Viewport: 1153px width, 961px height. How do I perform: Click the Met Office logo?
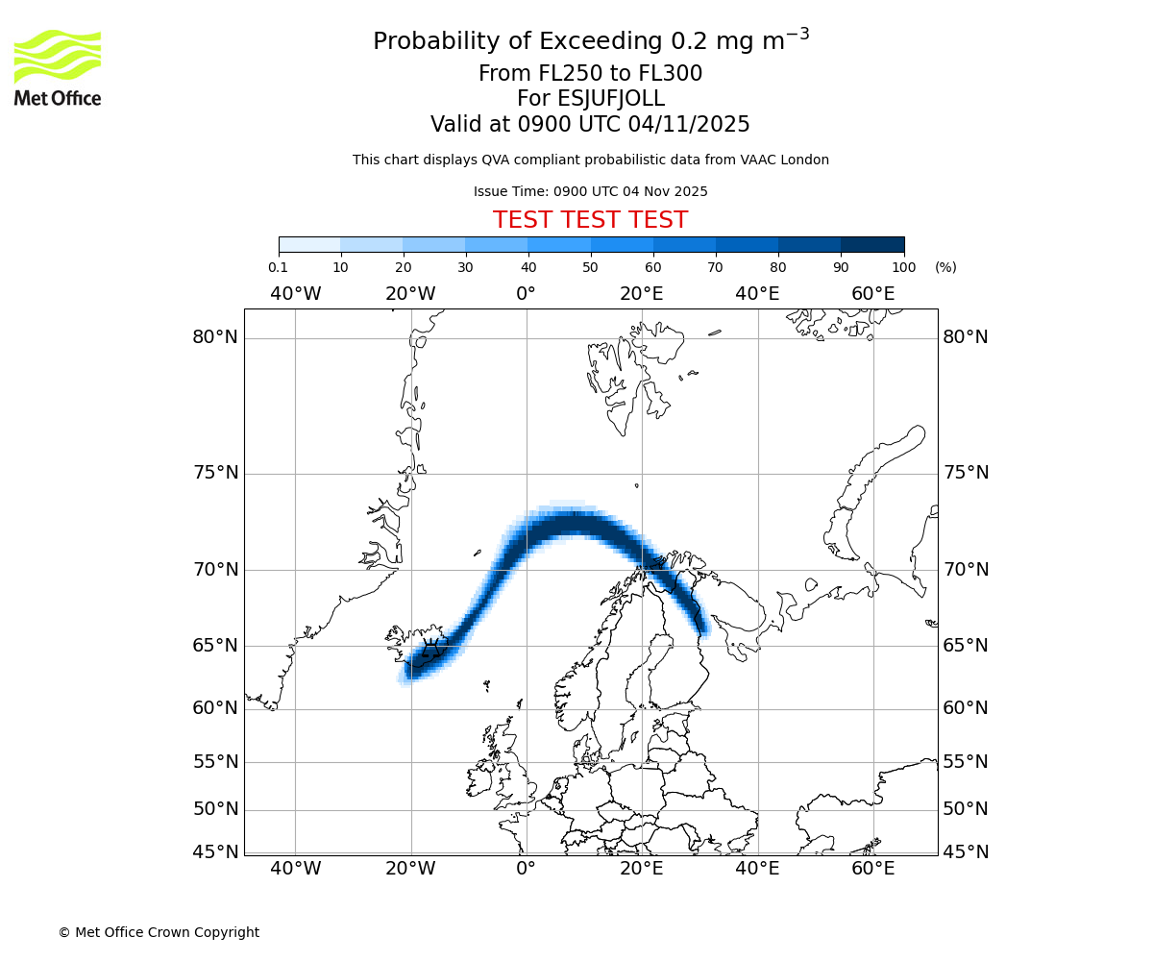(58, 67)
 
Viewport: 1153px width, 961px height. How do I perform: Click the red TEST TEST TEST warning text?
(590, 220)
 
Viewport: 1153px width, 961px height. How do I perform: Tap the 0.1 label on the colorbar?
(279, 267)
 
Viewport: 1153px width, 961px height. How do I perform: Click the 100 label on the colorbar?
(903, 267)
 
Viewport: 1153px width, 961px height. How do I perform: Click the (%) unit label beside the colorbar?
(945, 267)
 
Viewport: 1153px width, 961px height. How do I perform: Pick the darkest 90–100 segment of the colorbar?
(872, 244)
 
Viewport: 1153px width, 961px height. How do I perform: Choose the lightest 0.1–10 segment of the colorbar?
(309, 244)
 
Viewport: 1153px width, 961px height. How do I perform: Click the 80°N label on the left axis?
(214, 337)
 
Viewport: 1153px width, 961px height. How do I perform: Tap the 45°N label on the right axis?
(965, 851)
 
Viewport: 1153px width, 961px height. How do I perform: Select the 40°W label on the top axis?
(295, 293)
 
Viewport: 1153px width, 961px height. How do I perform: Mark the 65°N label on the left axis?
(214, 645)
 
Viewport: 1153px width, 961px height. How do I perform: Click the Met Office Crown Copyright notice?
(159, 932)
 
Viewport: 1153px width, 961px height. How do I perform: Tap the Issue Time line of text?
(590, 191)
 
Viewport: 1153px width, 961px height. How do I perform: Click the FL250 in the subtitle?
(558, 74)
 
